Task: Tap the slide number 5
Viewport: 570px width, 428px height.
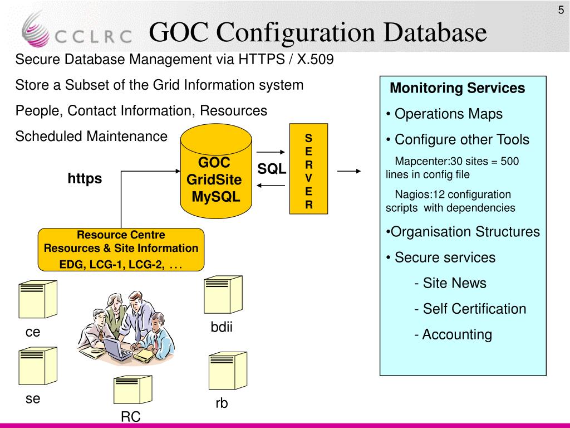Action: click(x=561, y=9)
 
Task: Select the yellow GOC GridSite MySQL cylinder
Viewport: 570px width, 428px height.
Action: click(x=214, y=173)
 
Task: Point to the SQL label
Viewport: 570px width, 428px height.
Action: click(x=271, y=169)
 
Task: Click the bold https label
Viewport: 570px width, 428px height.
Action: click(x=85, y=178)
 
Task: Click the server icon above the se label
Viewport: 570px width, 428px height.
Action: click(x=38, y=366)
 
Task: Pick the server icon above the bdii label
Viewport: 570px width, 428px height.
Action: click(x=223, y=294)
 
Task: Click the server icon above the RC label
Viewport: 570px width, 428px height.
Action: click(x=132, y=390)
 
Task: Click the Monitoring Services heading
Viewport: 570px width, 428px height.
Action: click(x=457, y=88)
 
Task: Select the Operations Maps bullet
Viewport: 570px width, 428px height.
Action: click(x=444, y=114)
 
